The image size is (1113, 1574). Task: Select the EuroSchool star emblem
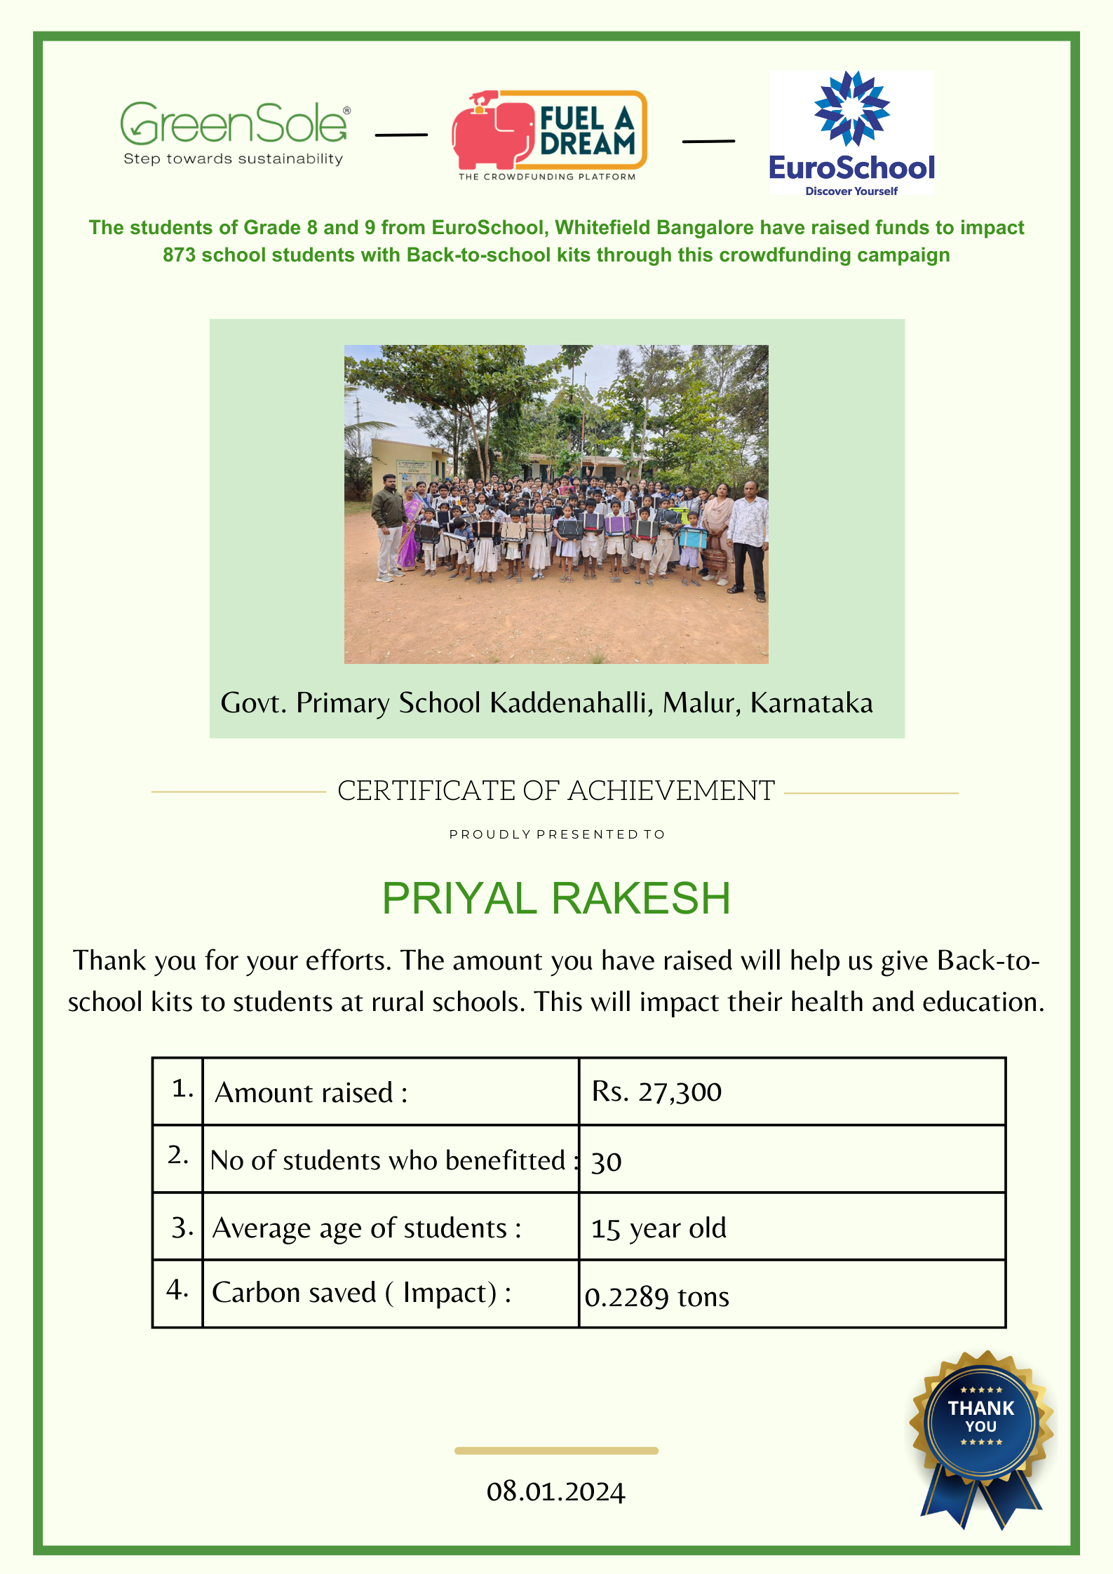(851, 109)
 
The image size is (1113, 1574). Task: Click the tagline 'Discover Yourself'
(851, 191)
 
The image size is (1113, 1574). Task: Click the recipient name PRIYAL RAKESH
(556, 898)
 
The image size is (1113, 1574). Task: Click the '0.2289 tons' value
(657, 1297)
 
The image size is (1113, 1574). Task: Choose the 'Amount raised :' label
(311, 1092)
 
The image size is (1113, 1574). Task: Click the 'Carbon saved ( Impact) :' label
(362, 1293)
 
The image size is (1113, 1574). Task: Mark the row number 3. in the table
(182, 1228)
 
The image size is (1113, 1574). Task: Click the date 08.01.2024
(555, 1491)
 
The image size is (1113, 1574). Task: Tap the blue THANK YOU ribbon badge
(981, 1430)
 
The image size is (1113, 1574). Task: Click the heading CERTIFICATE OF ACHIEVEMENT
(556, 791)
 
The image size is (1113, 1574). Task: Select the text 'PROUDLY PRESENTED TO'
(557, 834)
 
